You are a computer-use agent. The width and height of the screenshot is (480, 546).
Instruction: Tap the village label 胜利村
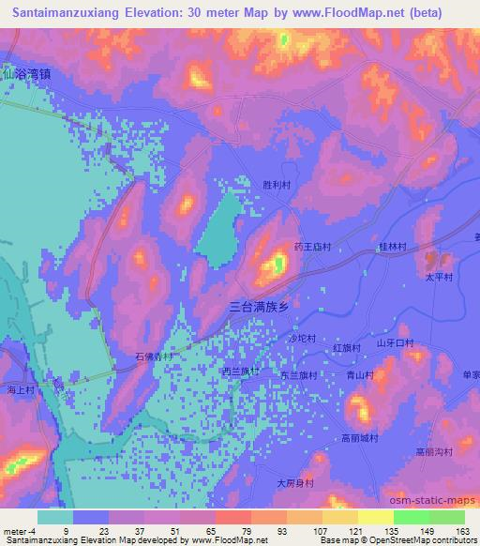279,186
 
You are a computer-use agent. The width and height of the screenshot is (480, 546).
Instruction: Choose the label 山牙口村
395,343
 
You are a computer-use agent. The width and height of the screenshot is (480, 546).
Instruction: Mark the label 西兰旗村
240,372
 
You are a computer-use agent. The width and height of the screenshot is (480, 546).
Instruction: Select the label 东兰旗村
299,374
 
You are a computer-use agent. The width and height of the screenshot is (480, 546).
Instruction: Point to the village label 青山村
360,374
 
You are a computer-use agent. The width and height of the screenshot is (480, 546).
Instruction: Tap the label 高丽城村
359,438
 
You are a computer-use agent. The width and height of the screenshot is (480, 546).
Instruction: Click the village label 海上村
20,388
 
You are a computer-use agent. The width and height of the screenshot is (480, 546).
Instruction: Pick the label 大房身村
293,483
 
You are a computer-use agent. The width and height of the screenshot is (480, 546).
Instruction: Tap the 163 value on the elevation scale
463,531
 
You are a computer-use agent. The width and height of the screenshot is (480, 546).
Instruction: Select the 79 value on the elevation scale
250,531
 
